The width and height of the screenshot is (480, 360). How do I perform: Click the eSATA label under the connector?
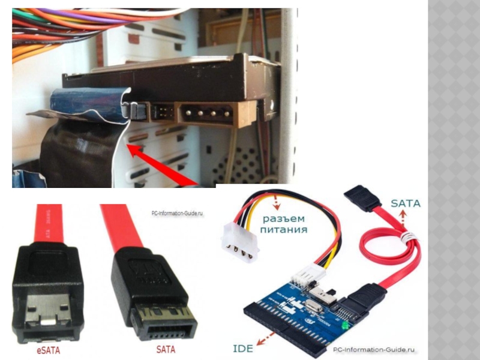[x=49, y=350]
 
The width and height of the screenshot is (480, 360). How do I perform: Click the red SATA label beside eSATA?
[x=166, y=350]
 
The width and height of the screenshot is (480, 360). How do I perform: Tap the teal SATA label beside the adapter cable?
[x=406, y=203]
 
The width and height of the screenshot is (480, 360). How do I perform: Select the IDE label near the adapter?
[x=243, y=349]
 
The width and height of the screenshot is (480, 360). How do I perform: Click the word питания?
[x=283, y=230]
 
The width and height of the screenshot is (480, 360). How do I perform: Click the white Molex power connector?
[x=239, y=242]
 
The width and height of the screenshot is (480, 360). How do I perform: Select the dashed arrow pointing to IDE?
[x=265, y=338]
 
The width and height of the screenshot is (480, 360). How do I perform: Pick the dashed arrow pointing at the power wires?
[x=276, y=202]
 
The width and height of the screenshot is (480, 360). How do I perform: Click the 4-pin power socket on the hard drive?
[x=207, y=113]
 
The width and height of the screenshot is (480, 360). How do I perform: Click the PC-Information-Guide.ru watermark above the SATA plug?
[x=177, y=213]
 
